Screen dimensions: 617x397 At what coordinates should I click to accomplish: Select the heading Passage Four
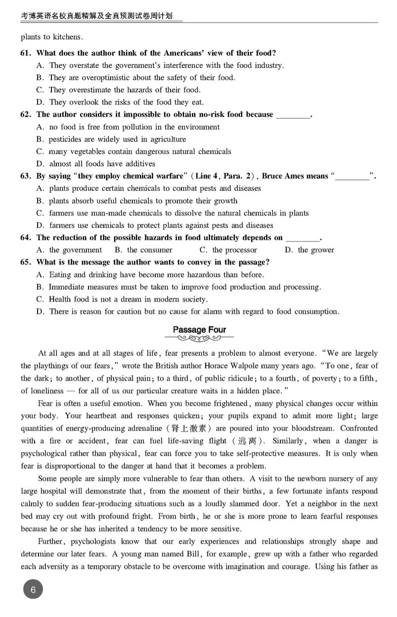click(x=199, y=330)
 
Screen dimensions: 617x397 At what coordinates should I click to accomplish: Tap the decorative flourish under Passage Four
click(x=199, y=339)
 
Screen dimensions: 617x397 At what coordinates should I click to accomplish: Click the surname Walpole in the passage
click(x=283, y=366)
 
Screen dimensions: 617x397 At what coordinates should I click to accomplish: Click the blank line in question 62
click(x=292, y=115)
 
